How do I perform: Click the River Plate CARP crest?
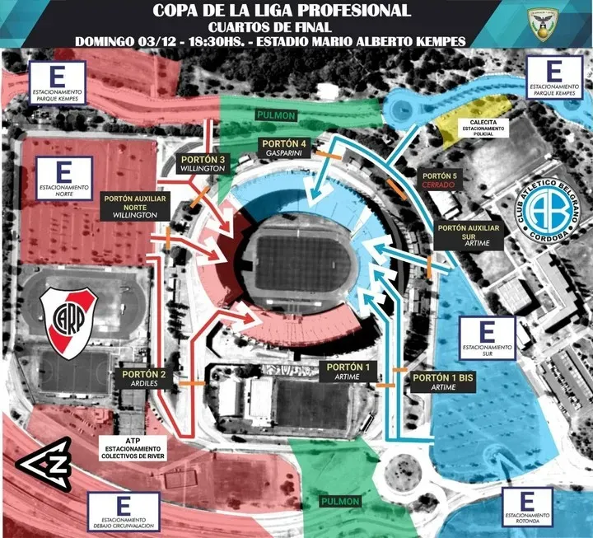click(x=69, y=318)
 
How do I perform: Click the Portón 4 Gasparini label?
click(x=282, y=148)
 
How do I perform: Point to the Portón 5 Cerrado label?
click(x=438, y=180)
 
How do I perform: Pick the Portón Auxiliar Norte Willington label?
click(x=129, y=206)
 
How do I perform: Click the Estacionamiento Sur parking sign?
click(x=487, y=338)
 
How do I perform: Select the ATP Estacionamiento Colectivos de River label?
click(x=134, y=447)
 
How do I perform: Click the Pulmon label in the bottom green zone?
click(x=341, y=501)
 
